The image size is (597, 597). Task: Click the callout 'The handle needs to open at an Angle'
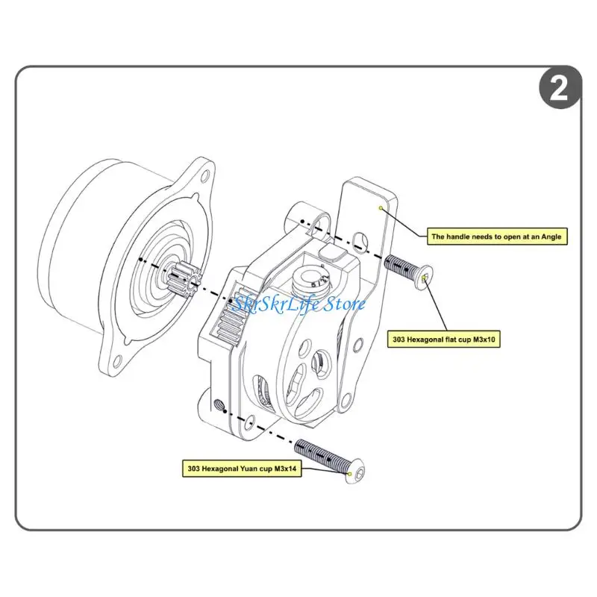496,237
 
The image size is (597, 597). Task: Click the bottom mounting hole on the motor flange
116,364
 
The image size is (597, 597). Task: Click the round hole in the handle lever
361,240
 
